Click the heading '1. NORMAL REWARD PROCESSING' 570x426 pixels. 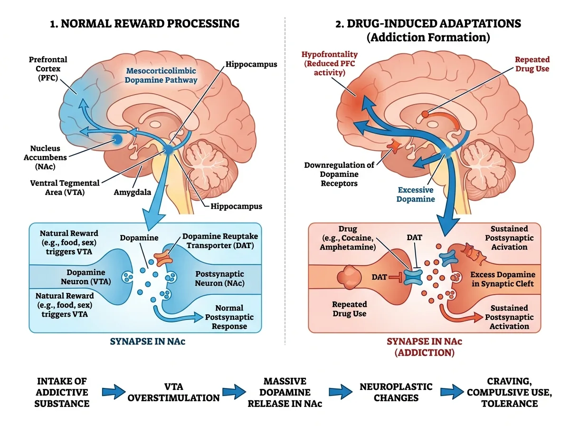[145, 23]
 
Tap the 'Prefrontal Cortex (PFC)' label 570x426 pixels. [48, 68]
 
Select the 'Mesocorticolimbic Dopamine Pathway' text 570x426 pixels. [161, 75]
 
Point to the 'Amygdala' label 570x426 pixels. [132, 192]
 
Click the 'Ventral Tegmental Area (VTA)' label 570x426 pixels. [65, 187]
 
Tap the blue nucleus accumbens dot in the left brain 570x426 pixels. [118, 140]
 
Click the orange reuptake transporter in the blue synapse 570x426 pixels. [163, 258]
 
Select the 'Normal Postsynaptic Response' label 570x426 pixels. [229, 317]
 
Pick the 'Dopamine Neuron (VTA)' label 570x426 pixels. [85, 277]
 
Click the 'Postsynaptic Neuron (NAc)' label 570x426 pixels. [220, 278]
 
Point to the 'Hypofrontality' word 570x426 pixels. [330, 54]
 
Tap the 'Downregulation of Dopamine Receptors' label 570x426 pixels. [339, 174]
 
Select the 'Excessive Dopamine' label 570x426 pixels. [416, 194]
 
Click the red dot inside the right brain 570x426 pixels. [425, 114]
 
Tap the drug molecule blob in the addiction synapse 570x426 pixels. [349, 277]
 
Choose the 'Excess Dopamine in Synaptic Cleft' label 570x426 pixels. [503, 279]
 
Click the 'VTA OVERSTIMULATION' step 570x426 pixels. [173, 392]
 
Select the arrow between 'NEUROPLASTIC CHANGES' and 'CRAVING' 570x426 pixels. [452, 392]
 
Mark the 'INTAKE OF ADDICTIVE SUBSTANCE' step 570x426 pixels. [62, 392]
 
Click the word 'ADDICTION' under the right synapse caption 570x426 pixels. [425, 353]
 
